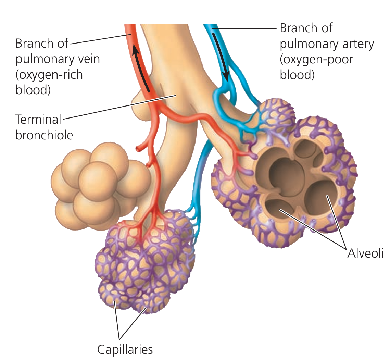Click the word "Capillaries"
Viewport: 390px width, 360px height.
pos(125,350)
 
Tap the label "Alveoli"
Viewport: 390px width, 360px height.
pos(365,254)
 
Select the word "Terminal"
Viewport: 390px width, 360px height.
pos(38,119)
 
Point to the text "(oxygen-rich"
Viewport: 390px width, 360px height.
pos(49,74)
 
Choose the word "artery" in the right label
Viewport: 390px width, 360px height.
pos(357,44)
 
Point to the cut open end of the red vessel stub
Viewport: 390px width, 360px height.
pos(138,149)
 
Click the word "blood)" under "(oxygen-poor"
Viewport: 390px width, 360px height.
pos(297,74)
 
